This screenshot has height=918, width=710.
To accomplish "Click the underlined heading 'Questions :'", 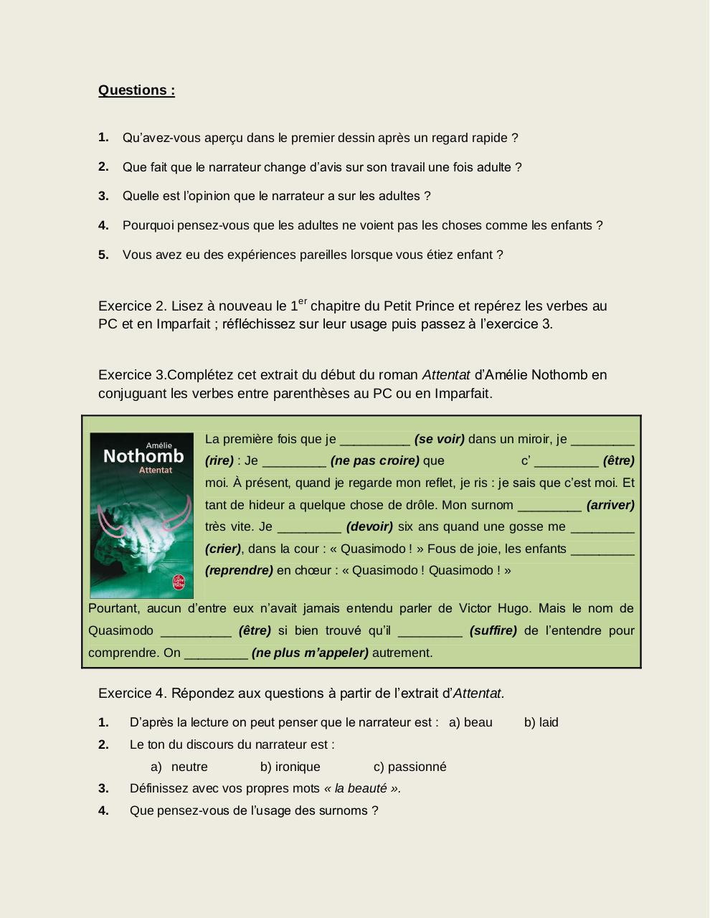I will pos(136,90).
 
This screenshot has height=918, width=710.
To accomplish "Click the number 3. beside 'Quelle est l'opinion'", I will pos(103,196).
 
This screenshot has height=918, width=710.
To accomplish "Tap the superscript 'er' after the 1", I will pos(303,301).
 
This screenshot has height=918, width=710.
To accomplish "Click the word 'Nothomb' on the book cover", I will pos(143,457).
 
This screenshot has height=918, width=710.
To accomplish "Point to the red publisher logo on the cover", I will pos(178,582).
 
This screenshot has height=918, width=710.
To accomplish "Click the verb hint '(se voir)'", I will pos(440,439).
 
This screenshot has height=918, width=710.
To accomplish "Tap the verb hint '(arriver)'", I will pos(610,505).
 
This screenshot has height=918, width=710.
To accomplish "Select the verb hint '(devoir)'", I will pos(369,526).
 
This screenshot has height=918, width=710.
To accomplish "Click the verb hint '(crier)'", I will pos(223,549).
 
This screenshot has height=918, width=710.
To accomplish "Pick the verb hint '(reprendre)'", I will pos(239,570).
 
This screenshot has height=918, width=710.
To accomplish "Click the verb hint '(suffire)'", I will pos(493,630).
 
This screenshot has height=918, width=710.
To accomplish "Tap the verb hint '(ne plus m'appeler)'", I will pos(310,653).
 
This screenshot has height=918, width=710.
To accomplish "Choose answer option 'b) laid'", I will pos(541,722).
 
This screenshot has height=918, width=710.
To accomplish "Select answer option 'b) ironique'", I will pos(290,767).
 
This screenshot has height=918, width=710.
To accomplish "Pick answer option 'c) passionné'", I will pos(410,767).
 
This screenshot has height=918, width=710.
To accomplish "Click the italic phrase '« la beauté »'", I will pos(361,788).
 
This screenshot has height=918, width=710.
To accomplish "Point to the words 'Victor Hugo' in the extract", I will pos(495,608).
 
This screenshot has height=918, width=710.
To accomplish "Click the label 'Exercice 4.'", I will pos(133,694).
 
